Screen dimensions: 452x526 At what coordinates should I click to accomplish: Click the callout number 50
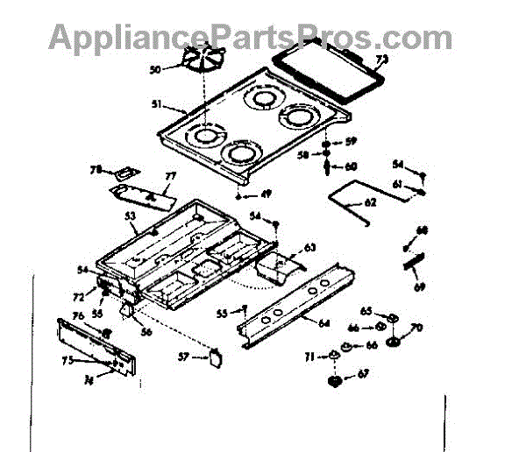click(x=154, y=68)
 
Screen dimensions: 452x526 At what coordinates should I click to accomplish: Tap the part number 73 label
click(x=381, y=60)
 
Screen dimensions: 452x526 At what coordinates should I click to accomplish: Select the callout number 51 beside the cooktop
click(x=155, y=106)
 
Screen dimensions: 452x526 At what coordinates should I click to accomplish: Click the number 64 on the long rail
click(x=323, y=323)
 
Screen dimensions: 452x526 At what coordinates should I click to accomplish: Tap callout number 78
click(x=97, y=170)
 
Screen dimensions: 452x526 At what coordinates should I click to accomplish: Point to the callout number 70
click(x=416, y=328)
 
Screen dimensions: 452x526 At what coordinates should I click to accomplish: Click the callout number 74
click(x=89, y=379)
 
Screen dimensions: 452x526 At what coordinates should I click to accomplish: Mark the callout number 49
click(x=265, y=195)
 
